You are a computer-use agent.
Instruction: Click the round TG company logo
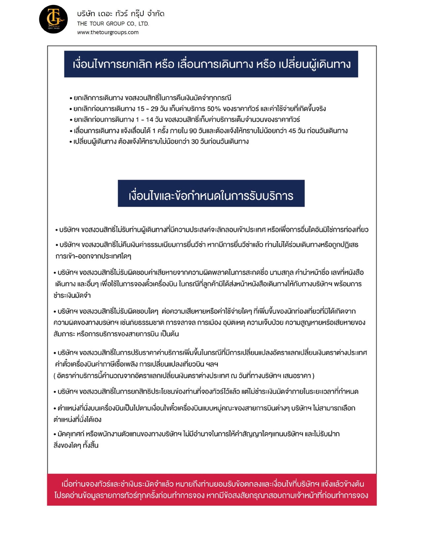(x=53, y=19)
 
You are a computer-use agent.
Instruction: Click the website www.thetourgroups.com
(x=108, y=32)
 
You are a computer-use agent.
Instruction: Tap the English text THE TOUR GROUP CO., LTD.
(x=113, y=23)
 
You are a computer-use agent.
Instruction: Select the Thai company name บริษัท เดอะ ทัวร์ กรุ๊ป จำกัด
(x=121, y=14)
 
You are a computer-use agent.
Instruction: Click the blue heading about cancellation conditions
(x=211, y=64)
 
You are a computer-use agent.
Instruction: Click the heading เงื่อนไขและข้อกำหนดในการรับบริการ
(x=211, y=196)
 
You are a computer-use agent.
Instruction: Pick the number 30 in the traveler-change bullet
(x=195, y=142)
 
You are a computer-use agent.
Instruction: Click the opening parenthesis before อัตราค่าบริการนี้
(x=54, y=376)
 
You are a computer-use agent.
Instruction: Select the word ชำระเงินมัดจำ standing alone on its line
(x=72, y=295)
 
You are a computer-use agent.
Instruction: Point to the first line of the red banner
(x=212, y=484)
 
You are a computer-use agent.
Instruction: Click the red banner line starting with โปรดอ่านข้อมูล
(x=211, y=496)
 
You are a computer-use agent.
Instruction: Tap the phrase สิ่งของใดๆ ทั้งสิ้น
(x=76, y=445)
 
